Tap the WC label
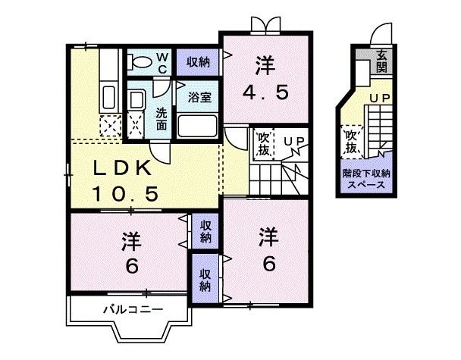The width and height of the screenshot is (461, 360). click(163, 62)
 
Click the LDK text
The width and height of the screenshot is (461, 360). click(124, 168)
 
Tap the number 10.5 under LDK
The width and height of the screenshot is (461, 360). click(125, 194)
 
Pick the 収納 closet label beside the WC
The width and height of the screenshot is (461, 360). click(198, 61)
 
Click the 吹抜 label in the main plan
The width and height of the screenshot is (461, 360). click(262, 144)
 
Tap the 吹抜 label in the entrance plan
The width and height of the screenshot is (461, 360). click(351, 142)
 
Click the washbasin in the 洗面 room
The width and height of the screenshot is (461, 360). click(136, 102)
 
